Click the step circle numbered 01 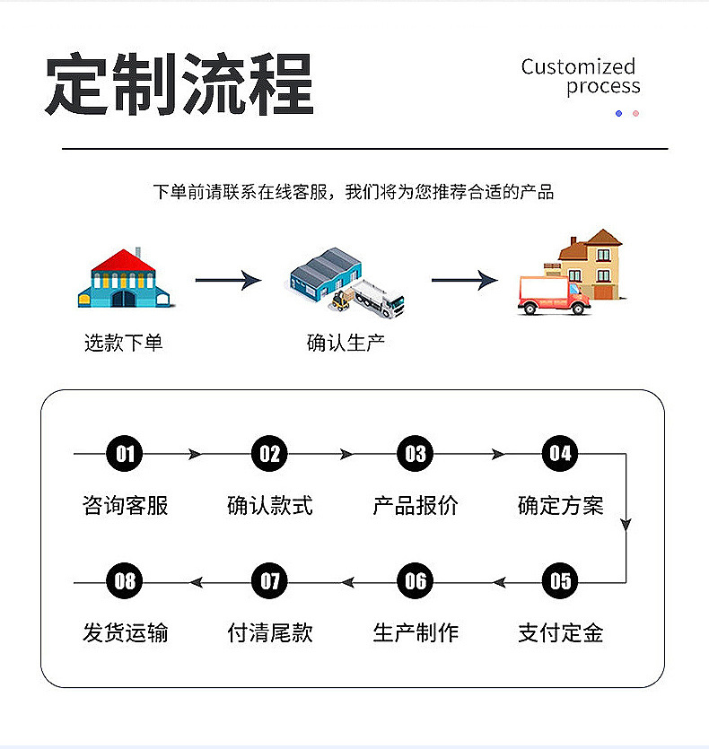click(x=125, y=454)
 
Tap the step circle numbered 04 click(x=560, y=454)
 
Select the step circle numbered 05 click(x=560, y=581)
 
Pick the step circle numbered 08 click(x=125, y=581)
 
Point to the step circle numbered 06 click(x=415, y=581)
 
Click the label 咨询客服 click(x=125, y=506)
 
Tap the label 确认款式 click(x=270, y=506)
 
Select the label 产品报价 click(x=415, y=506)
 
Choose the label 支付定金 click(x=560, y=633)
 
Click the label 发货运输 click(x=125, y=633)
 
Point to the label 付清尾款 click(x=270, y=633)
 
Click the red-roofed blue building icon click(x=124, y=279)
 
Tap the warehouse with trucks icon click(x=346, y=280)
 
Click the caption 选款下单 click(x=124, y=343)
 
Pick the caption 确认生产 click(x=346, y=343)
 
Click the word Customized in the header click(x=578, y=66)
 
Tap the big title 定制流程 click(x=179, y=85)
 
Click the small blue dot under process click(x=618, y=114)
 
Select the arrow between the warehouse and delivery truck click(x=464, y=280)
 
